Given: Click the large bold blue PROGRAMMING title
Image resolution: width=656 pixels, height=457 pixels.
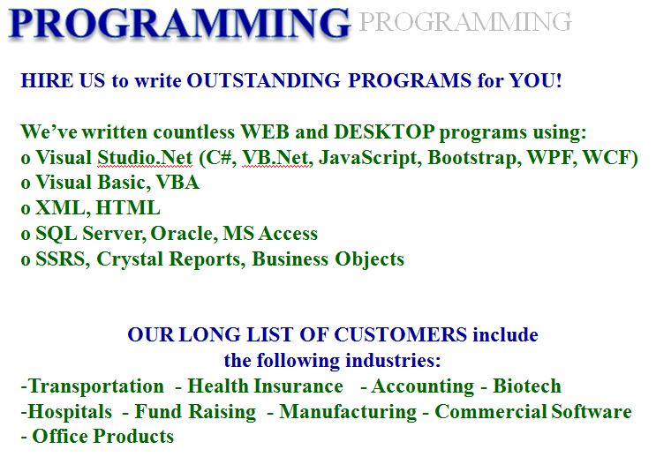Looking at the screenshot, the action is (x=179, y=24).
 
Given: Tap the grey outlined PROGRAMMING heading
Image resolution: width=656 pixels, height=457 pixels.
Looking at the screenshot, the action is (x=465, y=22).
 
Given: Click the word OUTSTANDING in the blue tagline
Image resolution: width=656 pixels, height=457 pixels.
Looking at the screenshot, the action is (x=264, y=80).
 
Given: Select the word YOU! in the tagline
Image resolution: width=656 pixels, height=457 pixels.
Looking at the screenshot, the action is (x=535, y=80).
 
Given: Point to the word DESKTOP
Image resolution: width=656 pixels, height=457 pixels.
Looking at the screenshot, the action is (x=384, y=132).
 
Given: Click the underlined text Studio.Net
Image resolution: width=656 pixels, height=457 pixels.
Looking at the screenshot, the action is (x=145, y=158).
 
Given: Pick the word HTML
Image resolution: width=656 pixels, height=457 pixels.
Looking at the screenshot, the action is (x=128, y=208).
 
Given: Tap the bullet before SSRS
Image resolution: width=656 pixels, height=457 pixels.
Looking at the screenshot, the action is (x=26, y=260).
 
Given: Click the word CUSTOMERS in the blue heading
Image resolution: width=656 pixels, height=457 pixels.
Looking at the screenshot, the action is (x=400, y=335).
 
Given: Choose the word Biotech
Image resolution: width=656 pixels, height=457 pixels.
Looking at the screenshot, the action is (x=527, y=386).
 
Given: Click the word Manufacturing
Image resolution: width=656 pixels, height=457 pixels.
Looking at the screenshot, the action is (x=348, y=412).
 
